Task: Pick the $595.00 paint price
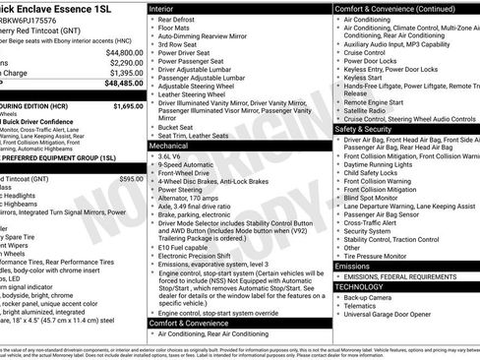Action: click(x=131, y=179)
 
